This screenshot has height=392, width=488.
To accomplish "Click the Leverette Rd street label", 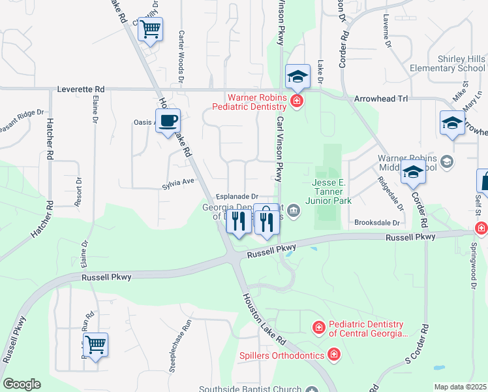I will (x=81, y=89).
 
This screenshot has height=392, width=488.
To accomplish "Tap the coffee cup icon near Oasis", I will (x=168, y=121).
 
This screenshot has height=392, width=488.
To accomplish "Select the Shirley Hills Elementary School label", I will (x=447, y=63).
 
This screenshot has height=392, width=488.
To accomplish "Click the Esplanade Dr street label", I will (x=237, y=196).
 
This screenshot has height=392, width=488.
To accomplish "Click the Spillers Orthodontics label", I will (x=281, y=355).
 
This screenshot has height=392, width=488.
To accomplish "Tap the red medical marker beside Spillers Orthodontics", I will (x=334, y=355).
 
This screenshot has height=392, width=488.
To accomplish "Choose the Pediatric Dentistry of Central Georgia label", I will (x=367, y=329).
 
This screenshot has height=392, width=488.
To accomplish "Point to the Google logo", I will (x=22, y=384).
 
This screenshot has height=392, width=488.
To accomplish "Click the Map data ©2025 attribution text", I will (x=460, y=387).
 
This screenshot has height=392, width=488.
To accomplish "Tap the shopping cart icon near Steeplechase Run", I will (x=96, y=344).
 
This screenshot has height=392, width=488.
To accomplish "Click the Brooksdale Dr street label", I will (x=376, y=223).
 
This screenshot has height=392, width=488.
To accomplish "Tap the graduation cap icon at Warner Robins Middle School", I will (x=413, y=173).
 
